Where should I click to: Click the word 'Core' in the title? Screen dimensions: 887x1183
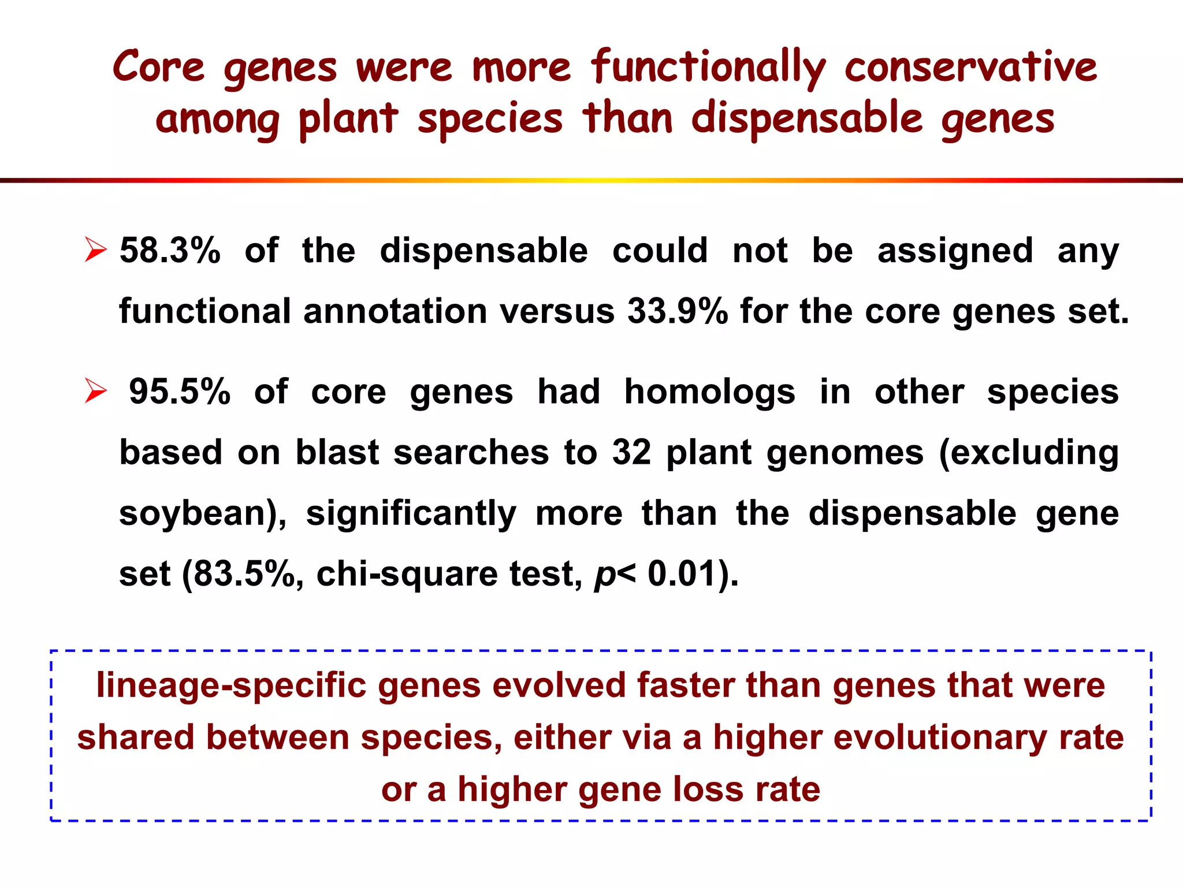158,67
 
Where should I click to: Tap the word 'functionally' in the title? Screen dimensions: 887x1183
708,67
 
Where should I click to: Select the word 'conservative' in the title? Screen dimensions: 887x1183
970,67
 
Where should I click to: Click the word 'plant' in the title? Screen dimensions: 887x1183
348,119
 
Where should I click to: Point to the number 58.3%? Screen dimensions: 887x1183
170,251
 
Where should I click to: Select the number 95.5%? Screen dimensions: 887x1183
180,392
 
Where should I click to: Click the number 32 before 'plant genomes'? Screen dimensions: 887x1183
631,452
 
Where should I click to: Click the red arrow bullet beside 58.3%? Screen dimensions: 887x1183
95,249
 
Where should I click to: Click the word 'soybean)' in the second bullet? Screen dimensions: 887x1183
203,513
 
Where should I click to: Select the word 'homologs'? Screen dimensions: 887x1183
709,392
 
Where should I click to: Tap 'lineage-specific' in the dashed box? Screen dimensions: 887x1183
231,685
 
